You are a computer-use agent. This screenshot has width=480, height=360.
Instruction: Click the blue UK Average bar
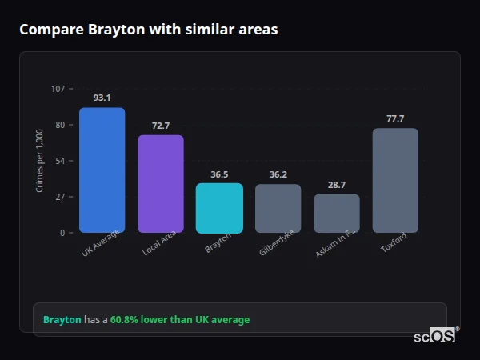pos(102,170)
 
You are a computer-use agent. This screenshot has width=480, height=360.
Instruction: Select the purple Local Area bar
pos(160,183)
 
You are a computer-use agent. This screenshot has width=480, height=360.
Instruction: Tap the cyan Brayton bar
pos(219,208)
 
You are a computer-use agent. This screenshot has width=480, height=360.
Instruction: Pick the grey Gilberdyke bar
pos(278,208)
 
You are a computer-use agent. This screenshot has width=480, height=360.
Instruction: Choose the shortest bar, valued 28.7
pos(336,213)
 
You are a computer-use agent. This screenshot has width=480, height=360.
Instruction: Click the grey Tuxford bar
pos(395,180)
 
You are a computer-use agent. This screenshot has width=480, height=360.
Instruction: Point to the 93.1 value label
pos(102,98)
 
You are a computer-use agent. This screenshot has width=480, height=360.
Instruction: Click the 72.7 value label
pos(160,126)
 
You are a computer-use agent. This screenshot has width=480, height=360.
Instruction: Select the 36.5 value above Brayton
pos(219,174)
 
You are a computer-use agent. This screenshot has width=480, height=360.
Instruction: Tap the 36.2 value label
pos(278,174)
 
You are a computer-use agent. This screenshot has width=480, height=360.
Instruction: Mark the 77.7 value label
pos(395,118)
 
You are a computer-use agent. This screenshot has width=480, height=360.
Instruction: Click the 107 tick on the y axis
pos(58,89)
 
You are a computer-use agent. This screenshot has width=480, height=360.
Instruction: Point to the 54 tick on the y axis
pos(61,161)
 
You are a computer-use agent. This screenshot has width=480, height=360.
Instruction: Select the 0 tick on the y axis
pos(62,233)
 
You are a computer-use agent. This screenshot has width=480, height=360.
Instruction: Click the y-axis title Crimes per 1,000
pos(40,161)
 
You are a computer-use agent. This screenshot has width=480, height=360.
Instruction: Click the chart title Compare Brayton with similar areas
pos(149,30)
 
